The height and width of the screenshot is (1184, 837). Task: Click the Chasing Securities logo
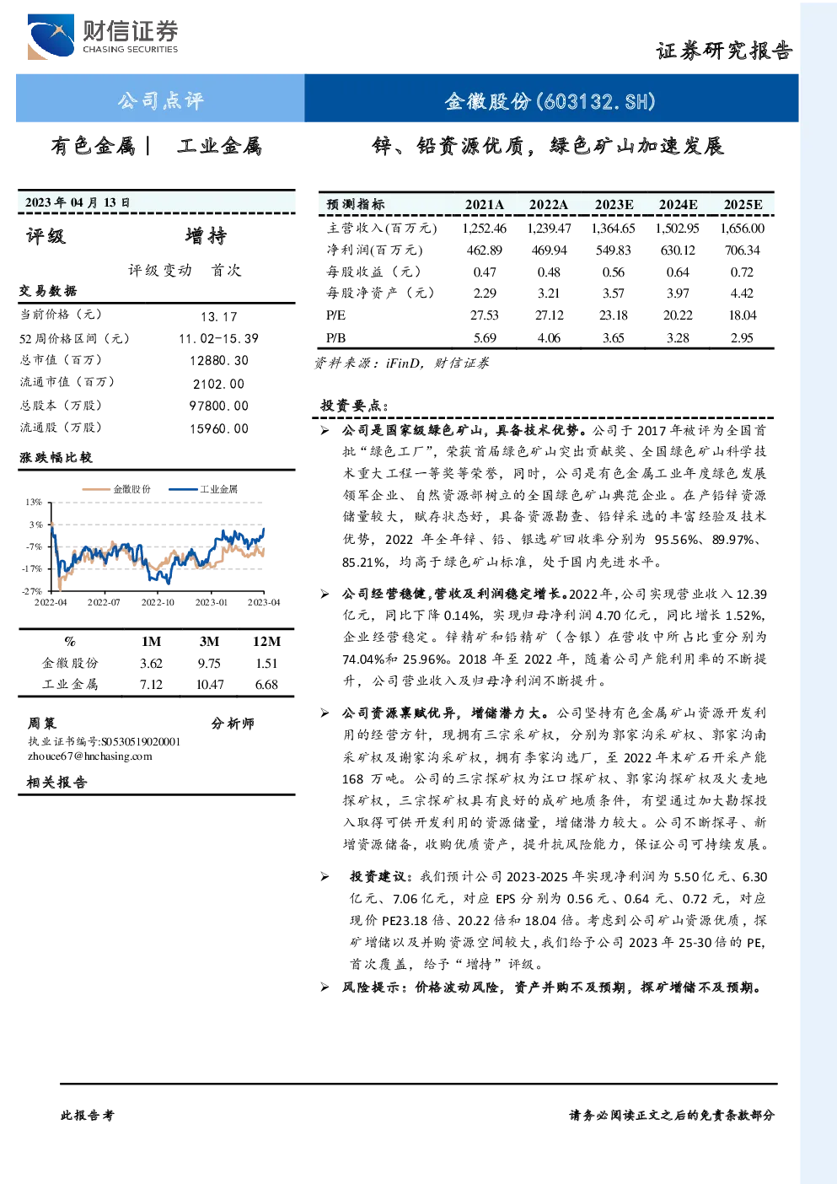103,36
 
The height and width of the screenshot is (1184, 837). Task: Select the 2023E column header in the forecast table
614,205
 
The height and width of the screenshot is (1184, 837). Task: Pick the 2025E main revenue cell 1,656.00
742,229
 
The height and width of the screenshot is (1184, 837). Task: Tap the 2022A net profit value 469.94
549,250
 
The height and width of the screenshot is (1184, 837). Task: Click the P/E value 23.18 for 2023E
614,315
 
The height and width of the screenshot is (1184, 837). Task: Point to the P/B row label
335,338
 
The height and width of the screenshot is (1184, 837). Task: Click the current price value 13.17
219,316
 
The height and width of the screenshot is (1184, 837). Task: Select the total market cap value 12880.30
219,360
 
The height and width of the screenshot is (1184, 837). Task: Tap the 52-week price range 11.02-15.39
219,338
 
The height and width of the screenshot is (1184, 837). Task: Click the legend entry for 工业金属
203,489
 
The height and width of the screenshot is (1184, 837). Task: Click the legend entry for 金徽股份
117,489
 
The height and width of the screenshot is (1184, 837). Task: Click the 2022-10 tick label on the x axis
158,602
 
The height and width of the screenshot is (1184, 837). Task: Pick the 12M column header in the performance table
266,641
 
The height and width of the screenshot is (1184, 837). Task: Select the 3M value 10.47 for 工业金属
210,685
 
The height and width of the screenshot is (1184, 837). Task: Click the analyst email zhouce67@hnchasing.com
90,756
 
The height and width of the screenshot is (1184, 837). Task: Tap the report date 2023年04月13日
78,202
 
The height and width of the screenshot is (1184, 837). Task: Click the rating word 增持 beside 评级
206,236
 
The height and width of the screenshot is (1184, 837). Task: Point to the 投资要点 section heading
355,406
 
